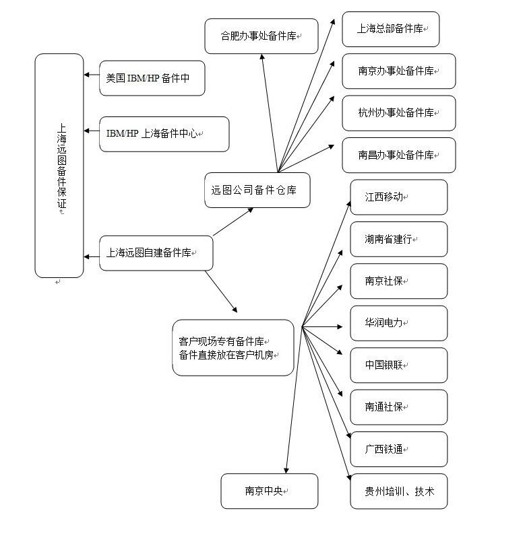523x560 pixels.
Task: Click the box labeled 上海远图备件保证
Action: [x=59, y=166]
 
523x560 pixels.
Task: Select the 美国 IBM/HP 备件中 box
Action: [x=152, y=78]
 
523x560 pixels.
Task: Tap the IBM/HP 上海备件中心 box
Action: [x=164, y=134]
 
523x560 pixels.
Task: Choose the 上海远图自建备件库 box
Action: [x=156, y=253]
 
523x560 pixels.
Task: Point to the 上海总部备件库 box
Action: [x=390, y=30]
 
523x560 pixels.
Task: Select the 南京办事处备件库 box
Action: [x=398, y=71]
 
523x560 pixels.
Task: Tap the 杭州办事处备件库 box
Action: [x=398, y=113]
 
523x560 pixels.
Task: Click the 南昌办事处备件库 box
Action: [x=398, y=155]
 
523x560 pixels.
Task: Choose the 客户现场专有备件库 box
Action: [x=233, y=347]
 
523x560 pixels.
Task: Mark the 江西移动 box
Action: [x=398, y=197]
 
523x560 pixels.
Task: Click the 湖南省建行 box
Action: [x=398, y=239]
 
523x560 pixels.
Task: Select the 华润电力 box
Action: [x=398, y=323]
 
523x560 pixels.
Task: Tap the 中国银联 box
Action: [x=398, y=365]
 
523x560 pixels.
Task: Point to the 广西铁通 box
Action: [x=398, y=449]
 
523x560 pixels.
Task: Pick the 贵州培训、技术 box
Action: [x=398, y=491]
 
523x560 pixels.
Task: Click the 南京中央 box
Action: [x=269, y=491]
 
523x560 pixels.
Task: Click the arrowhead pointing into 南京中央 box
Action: [x=287, y=470]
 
